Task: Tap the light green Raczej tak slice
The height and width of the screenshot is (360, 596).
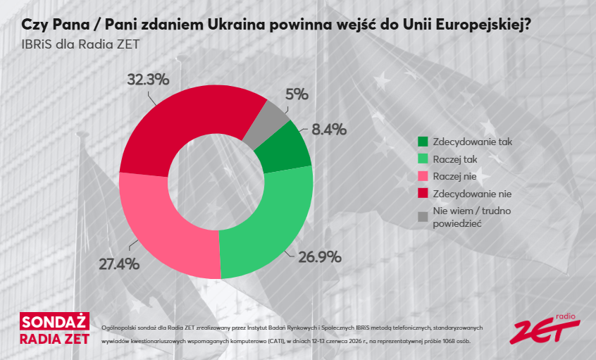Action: click(273, 224)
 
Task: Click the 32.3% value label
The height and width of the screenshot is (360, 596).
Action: click(148, 80)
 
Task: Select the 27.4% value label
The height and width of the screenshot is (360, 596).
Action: click(119, 263)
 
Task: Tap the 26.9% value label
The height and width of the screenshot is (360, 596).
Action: click(320, 257)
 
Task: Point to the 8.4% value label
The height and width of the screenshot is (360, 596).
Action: click(329, 130)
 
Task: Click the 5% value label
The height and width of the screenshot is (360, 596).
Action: click(297, 94)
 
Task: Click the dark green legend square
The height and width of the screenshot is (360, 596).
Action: click(423, 142)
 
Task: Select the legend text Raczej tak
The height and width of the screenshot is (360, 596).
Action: click(455, 159)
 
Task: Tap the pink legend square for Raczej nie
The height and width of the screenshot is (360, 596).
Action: click(423, 176)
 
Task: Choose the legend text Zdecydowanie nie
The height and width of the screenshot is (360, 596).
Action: click(473, 194)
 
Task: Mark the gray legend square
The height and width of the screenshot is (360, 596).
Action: click(423, 217)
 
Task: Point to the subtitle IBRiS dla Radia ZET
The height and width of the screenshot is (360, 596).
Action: click(80, 44)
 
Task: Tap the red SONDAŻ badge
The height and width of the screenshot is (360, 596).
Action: click(55, 322)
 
